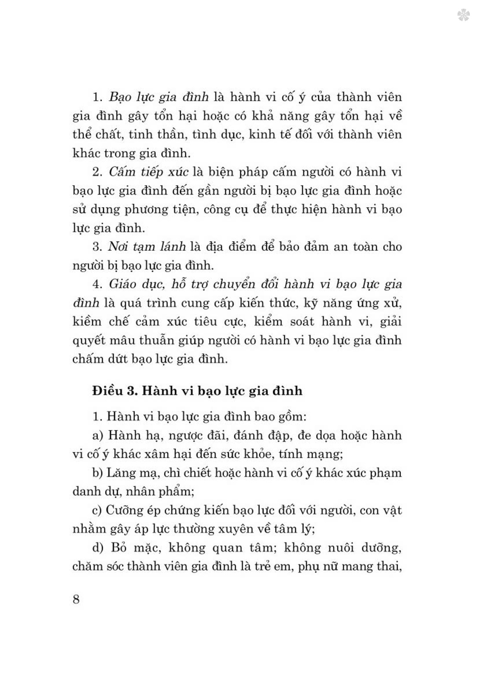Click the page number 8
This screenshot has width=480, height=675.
76,599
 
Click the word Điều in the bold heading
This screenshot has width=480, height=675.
108,391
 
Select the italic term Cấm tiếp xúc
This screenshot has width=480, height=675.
148,172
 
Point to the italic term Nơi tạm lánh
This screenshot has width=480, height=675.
146,247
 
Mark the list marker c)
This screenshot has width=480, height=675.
98,510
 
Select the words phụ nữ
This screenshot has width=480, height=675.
315,566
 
